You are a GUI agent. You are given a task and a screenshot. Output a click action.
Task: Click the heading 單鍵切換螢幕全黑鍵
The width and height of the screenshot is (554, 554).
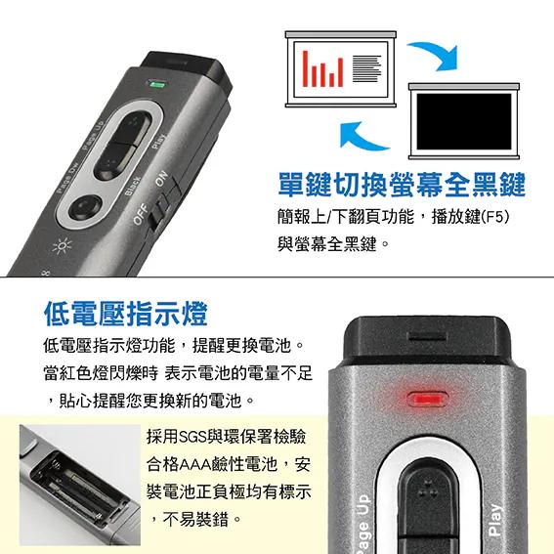point(401,184)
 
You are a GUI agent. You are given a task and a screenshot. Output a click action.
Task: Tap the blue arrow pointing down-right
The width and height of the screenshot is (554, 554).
point(433,56)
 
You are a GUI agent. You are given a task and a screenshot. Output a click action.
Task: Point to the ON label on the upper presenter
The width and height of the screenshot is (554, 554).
point(163,184)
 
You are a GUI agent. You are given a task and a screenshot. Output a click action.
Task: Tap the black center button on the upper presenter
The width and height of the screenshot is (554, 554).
point(126,145)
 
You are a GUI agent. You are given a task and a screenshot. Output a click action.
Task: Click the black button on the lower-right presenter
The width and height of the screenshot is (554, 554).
point(428,508)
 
